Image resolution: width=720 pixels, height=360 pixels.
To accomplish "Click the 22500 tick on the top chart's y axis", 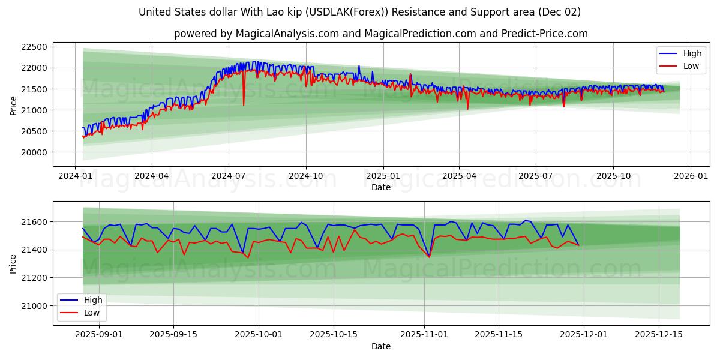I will (x=34, y=47).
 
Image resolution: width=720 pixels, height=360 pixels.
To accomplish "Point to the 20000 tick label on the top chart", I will (x=34, y=152).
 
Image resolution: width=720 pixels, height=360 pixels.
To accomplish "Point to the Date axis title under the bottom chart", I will (x=380, y=346).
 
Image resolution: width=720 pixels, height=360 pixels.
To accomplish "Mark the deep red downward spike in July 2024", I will (x=244, y=104).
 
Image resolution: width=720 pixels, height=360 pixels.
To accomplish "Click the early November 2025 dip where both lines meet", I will (x=429, y=257).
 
